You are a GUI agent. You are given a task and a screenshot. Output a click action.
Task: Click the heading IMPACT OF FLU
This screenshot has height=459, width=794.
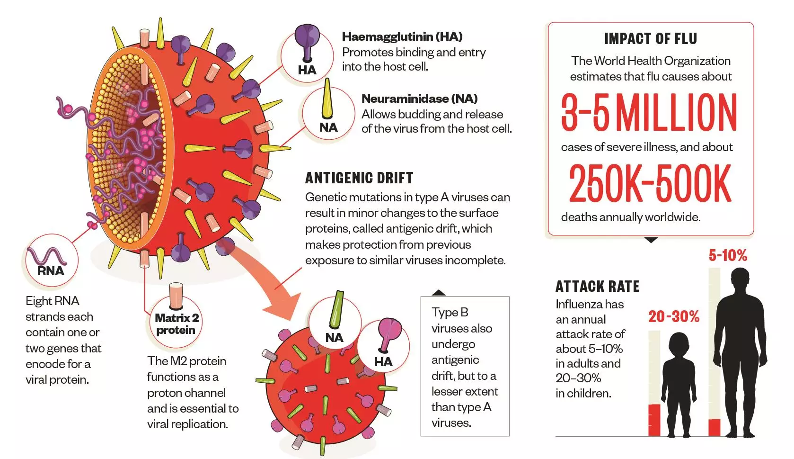(x=651, y=38)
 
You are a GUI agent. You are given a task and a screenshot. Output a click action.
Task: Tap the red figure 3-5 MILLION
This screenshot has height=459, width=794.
(x=649, y=112)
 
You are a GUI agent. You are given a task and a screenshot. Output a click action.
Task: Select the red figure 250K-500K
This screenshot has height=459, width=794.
(x=650, y=183)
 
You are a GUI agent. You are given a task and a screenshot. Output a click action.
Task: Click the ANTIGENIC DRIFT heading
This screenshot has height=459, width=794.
(x=359, y=178)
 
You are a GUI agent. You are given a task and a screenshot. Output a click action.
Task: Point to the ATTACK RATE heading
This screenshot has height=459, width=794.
(x=597, y=287)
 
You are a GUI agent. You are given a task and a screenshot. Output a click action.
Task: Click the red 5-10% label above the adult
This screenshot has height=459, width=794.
(x=727, y=256)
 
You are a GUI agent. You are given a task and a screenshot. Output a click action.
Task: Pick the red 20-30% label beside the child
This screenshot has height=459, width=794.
(x=674, y=316)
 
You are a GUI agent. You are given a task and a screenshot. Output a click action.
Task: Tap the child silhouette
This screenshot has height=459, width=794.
(x=679, y=384)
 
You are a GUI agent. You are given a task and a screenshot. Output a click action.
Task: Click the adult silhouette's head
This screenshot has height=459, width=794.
(x=740, y=279)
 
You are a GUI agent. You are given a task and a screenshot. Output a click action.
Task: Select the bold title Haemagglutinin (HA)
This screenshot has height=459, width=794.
(x=402, y=36)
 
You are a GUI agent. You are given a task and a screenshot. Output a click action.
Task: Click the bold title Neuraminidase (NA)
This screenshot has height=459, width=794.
(x=419, y=99)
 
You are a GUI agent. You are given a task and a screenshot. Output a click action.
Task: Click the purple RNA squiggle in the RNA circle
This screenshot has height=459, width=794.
(x=45, y=256)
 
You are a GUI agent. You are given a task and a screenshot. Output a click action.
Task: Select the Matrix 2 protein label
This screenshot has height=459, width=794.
(x=176, y=324)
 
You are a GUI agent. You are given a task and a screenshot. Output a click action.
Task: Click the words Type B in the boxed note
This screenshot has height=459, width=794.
(x=450, y=313)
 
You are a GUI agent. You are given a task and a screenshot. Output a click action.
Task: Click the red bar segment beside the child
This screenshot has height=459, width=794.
(x=654, y=419)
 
